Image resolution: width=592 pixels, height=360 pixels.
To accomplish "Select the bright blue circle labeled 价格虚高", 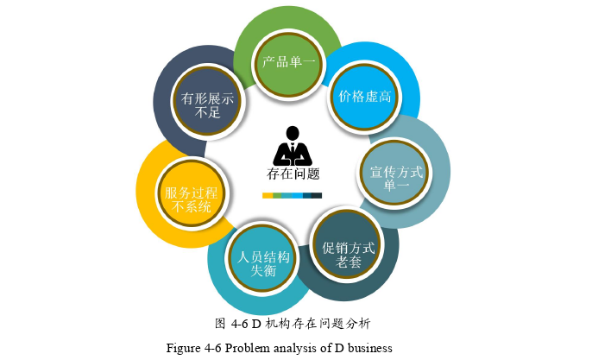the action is tap(365, 97).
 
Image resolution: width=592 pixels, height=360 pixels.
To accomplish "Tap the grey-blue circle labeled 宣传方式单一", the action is tap(395, 173).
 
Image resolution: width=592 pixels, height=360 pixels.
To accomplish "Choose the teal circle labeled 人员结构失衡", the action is tap(262, 259).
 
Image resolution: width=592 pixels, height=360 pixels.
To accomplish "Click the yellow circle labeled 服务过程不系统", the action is tap(192, 193).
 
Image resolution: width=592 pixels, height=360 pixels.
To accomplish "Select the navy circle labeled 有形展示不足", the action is tap(207, 102).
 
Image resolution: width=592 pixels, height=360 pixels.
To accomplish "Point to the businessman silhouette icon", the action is tap(293, 146).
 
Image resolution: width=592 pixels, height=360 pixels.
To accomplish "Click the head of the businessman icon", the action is tap(293, 133).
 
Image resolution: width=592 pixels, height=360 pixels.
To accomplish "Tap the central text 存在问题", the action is tap(293, 174).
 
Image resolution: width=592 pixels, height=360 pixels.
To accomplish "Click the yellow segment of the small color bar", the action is tap(268, 195).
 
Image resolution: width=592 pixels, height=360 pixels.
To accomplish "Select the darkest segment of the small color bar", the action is tap(317, 195).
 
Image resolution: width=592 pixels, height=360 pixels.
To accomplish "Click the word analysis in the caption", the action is tap(296, 348).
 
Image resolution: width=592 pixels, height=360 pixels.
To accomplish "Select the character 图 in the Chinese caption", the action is tap(220, 324).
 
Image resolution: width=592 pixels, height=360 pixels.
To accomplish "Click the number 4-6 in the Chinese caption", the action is tap(240, 324).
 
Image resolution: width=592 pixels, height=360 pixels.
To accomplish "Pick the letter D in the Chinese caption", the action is tap(256, 324).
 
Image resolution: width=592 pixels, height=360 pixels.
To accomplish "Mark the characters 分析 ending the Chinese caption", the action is tap(358, 324).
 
